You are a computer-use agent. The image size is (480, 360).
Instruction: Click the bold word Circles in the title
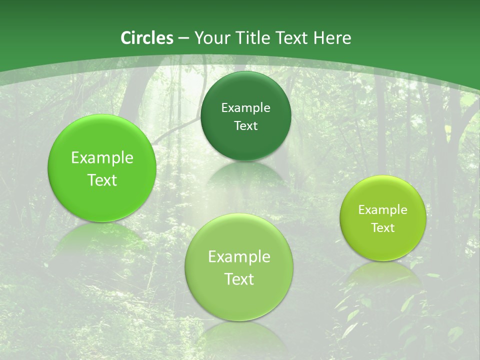pyautogui.click(x=146, y=38)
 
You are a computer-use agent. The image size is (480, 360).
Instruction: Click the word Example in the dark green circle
pyautogui.click(x=245, y=107)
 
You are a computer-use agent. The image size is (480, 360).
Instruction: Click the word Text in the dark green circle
pyautogui.click(x=245, y=125)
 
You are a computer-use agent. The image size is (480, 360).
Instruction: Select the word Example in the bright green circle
pyautogui.click(x=102, y=158)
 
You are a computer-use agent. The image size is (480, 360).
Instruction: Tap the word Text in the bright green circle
pyautogui.click(x=102, y=180)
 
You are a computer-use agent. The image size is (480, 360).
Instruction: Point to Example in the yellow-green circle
pyautogui.click(x=383, y=210)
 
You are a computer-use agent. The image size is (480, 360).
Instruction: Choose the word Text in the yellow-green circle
pyautogui.click(x=383, y=228)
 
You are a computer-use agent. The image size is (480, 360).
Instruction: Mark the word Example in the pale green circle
pyautogui.click(x=239, y=257)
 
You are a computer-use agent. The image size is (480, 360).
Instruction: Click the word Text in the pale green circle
pyautogui.click(x=239, y=279)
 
